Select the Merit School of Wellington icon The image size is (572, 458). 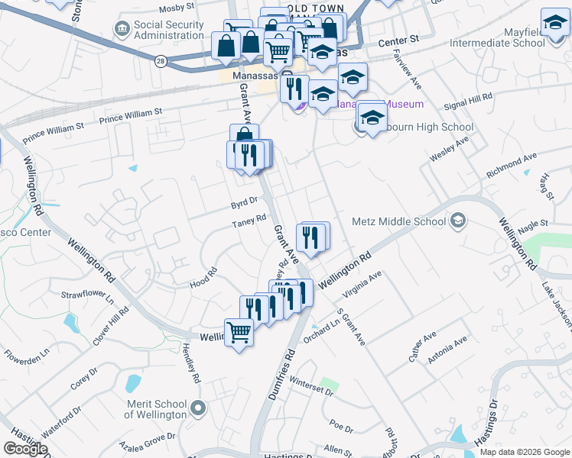coord(199,408)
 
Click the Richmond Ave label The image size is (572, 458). coord(512,165)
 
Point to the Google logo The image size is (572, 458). coord(25,449)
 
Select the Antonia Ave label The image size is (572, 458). coord(448,351)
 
